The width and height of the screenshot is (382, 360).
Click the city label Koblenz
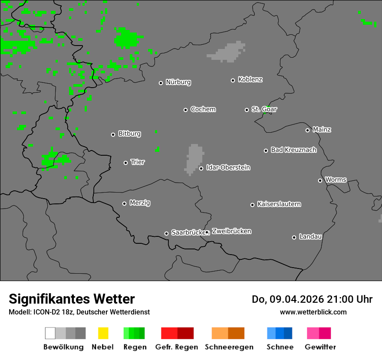point(250,79)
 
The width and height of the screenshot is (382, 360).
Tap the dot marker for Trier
point(126,163)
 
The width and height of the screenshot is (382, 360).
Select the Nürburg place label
point(178,82)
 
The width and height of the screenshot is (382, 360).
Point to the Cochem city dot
point(185,110)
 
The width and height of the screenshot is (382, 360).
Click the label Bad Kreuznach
point(293,150)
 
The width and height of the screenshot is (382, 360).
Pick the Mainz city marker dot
point(307,130)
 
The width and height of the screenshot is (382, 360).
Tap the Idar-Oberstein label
point(228,167)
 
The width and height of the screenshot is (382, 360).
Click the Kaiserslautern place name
point(279,204)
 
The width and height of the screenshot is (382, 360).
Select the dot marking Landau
point(294,237)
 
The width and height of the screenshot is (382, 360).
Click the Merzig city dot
point(124,203)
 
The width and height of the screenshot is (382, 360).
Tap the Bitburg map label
point(129,134)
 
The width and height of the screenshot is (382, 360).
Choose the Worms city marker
point(320,180)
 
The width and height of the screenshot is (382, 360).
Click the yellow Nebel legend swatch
point(103,333)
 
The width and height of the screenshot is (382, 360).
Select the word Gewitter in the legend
point(320,347)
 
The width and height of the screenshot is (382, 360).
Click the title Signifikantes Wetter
point(72,299)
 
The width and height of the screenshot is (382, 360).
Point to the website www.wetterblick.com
point(313,312)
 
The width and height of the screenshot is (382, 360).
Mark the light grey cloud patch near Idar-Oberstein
point(194,157)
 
